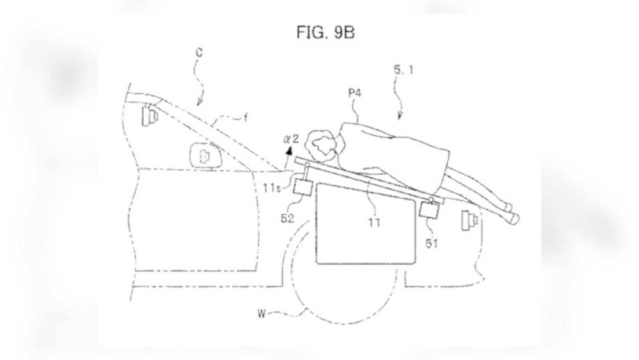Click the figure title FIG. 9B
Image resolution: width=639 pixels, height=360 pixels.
tap(325, 32)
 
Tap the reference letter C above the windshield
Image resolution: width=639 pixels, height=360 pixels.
tap(199, 53)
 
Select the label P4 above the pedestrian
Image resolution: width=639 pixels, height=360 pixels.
tap(355, 93)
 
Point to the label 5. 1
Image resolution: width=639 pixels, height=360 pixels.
tap(403, 70)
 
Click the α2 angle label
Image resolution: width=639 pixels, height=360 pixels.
tap(291, 139)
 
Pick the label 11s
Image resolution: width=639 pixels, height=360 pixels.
tap(272, 188)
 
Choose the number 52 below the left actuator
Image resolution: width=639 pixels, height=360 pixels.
tap(287, 218)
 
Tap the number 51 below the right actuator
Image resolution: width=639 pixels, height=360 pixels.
tap(431, 243)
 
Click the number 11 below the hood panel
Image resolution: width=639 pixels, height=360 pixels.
tap(374, 223)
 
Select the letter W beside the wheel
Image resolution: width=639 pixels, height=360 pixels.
tap(262, 314)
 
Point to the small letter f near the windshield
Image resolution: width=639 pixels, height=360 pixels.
tap(245, 118)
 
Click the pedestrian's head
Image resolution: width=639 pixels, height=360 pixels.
tap(323, 144)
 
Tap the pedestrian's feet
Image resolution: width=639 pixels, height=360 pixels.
tap(512, 213)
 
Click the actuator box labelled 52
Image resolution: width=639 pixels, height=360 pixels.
tap(304, 188)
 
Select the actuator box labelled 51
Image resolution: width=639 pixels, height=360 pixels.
tap(429, 210)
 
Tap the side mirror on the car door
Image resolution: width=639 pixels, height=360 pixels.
tap(206, 156)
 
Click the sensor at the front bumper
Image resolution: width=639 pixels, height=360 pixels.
tap(469, 220)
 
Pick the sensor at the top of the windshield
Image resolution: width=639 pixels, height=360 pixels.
tap(149, 115)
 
